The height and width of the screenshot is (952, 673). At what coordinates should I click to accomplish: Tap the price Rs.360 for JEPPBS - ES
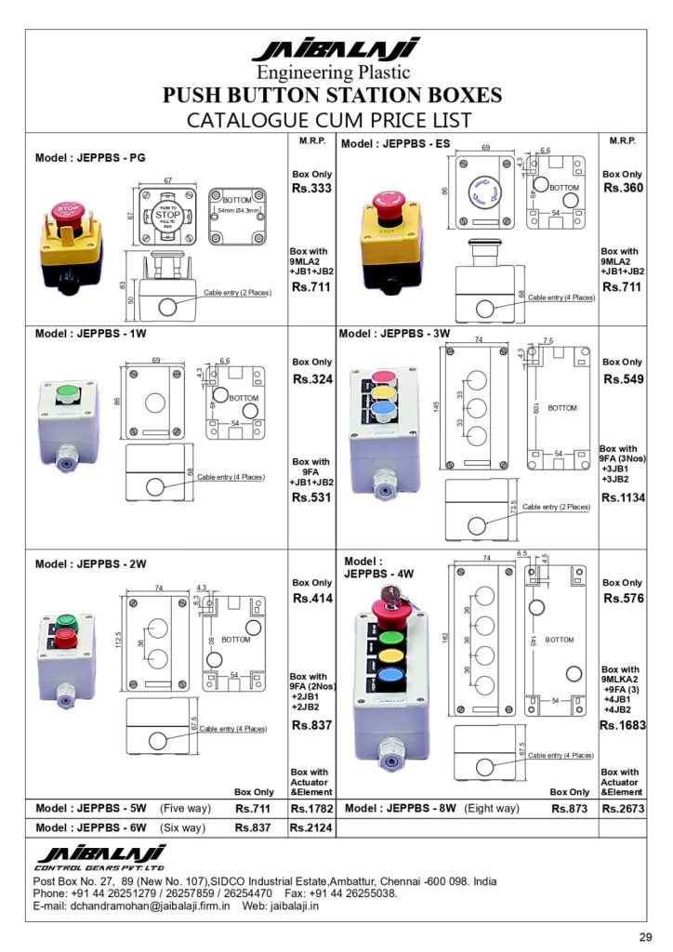click(624, 188)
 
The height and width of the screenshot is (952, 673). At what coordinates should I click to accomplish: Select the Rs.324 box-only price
click(312, 379)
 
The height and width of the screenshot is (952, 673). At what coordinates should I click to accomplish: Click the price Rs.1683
click(622, 725)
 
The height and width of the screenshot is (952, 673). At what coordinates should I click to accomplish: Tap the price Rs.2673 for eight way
click(622, 809)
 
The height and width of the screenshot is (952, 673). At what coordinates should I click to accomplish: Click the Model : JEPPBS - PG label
click(90, 158)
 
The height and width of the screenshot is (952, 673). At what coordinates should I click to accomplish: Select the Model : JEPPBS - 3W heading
click(394, 333)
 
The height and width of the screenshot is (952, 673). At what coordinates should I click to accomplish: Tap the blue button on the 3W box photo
click(382, 406)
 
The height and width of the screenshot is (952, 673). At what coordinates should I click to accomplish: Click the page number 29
click(645, 934)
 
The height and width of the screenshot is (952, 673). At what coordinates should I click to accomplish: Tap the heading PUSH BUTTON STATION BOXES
click(333, 96)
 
